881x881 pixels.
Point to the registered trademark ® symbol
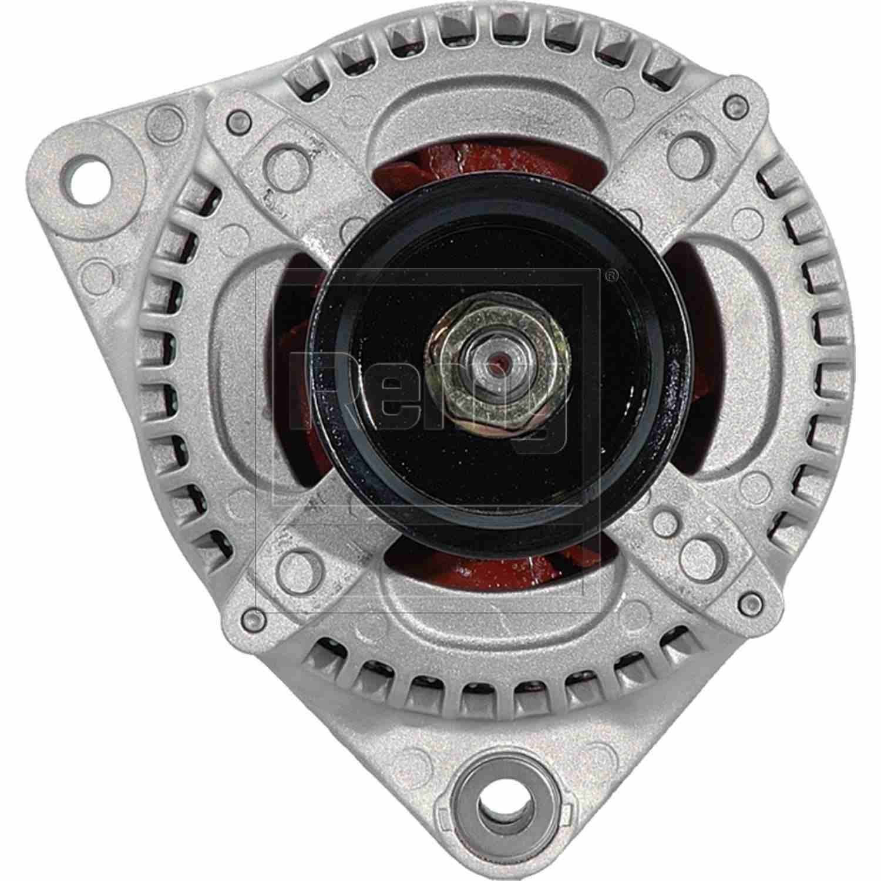pyautogui.click(x=610, y=275)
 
